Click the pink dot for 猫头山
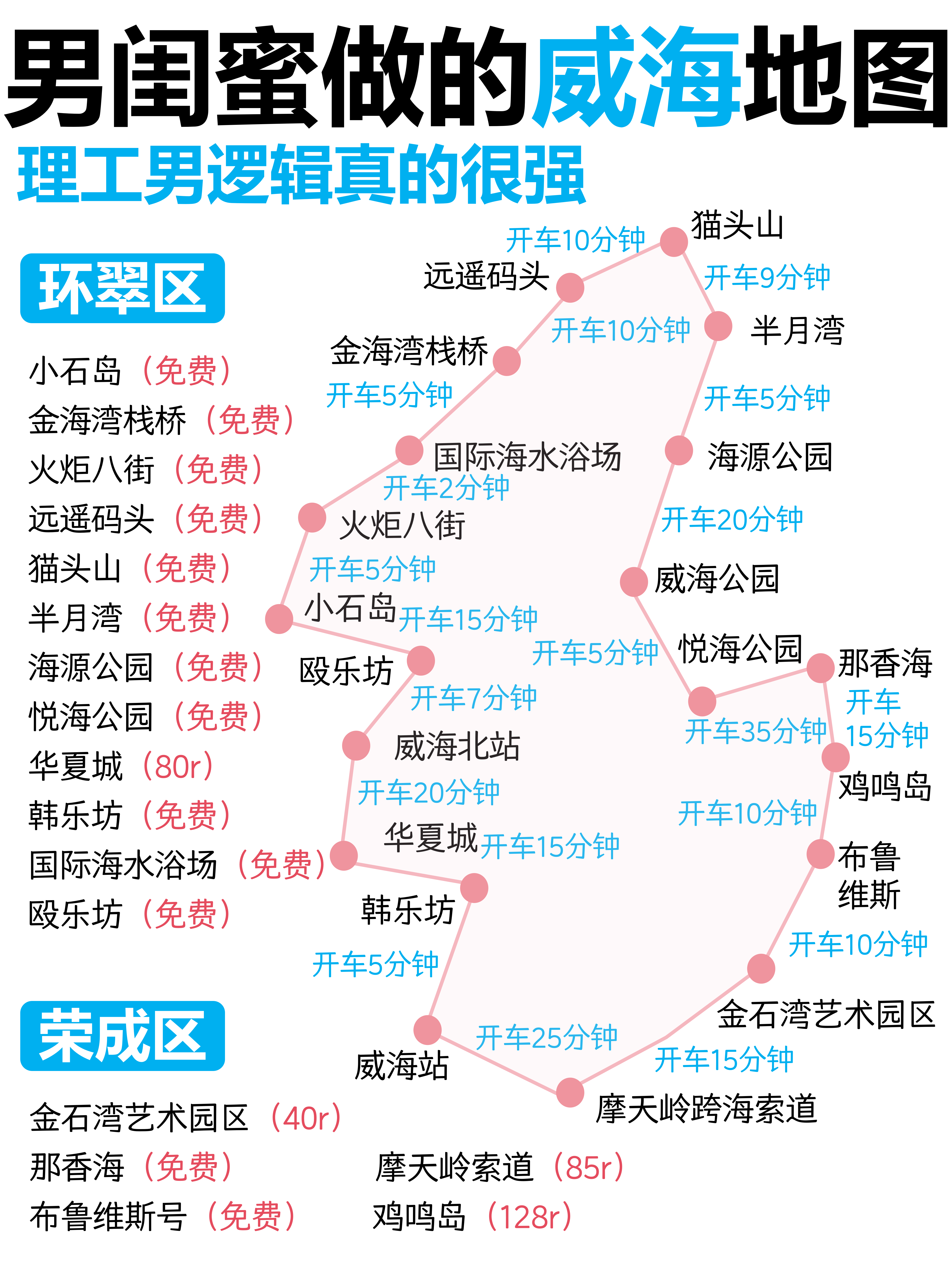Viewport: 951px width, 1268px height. pos(674,241)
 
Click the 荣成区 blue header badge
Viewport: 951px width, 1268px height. pos(122,1036)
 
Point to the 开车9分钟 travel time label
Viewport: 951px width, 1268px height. pos(767,277)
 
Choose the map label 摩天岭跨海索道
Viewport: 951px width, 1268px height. pos(706,1108)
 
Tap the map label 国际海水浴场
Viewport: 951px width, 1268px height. pos(527,457)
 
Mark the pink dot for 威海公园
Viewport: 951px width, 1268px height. pos(633,582)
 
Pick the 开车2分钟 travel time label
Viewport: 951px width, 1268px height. pos(446,488)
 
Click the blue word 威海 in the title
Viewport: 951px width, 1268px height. pos(636,77)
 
